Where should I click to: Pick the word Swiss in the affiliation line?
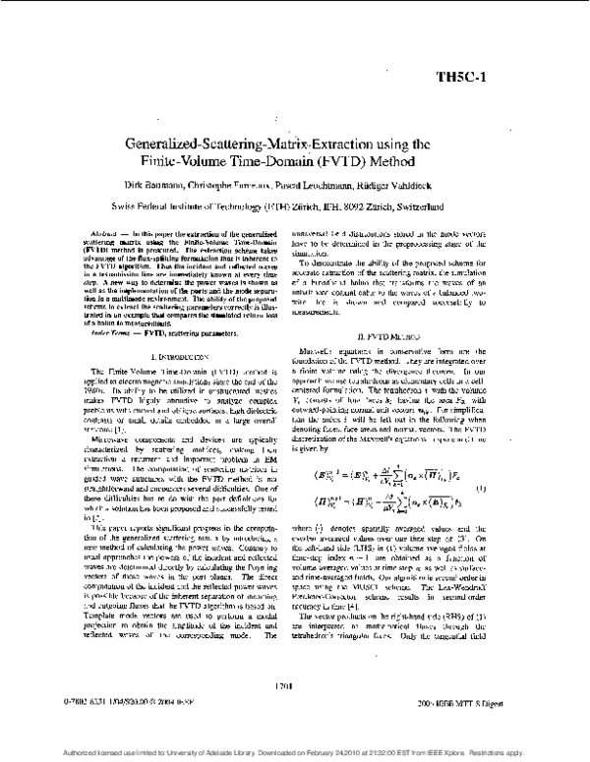[x=127, y=206]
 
